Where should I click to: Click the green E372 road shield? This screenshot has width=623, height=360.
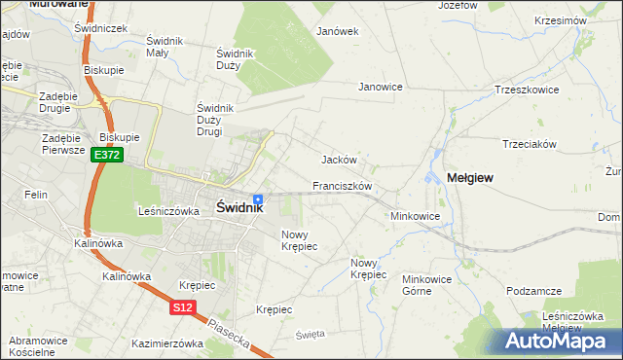click(x=107, y=155)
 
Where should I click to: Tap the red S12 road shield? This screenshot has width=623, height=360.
click(x=182, y=307)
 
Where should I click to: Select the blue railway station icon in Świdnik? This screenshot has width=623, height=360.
click(x=257, y=198)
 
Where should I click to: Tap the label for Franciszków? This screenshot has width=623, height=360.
click(x=343, y=185)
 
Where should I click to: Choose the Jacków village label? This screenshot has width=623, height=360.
click(x=340, y=160)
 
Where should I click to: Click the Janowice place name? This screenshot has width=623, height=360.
click(x=381, y=87)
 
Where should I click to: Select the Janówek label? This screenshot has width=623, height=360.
click(x=338, y=31)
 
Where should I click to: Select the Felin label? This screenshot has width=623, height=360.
click(x=37, y=195)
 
